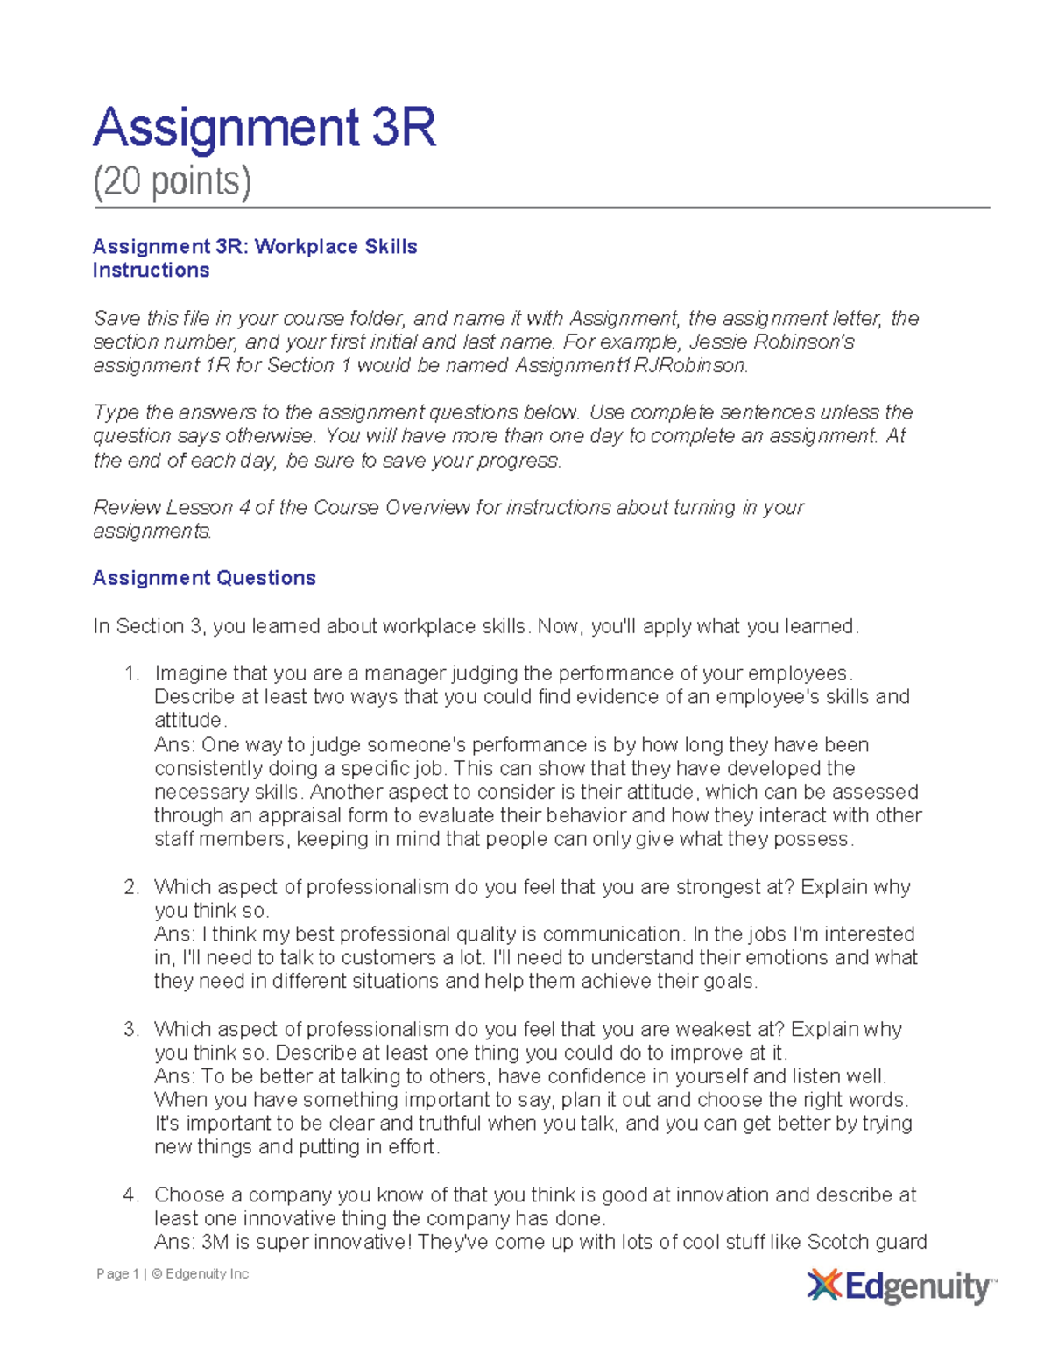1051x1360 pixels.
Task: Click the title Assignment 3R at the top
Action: pyautogui.click(x=264, y=128)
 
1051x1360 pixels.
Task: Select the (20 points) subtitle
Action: pyautogui.click(x=172, y=181)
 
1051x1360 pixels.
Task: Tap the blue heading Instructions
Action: pyautogui.click(x=151, y=271)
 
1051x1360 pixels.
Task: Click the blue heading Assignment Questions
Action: pyautogui.click(x=204, y=578)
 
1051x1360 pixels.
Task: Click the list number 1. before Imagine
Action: pyautogui.click(x=131, y=673)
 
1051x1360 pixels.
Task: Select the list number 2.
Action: pyautogui.click(x=131, y=887)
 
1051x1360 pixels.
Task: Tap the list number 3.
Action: pyautogui.click(x=131, y=1029)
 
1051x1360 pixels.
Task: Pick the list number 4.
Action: pyautogui.click(x=131, y=1195)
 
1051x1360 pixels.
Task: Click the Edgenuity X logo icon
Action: pyautogui.click(x=823, y=1286)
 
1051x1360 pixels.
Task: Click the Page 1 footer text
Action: pyautogui.click(x=117, y=1274)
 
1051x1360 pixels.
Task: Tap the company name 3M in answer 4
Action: pyautogui.click(x=216, y=1243)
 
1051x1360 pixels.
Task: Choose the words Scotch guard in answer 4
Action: pyautogui.click(x=866, y=1243)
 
